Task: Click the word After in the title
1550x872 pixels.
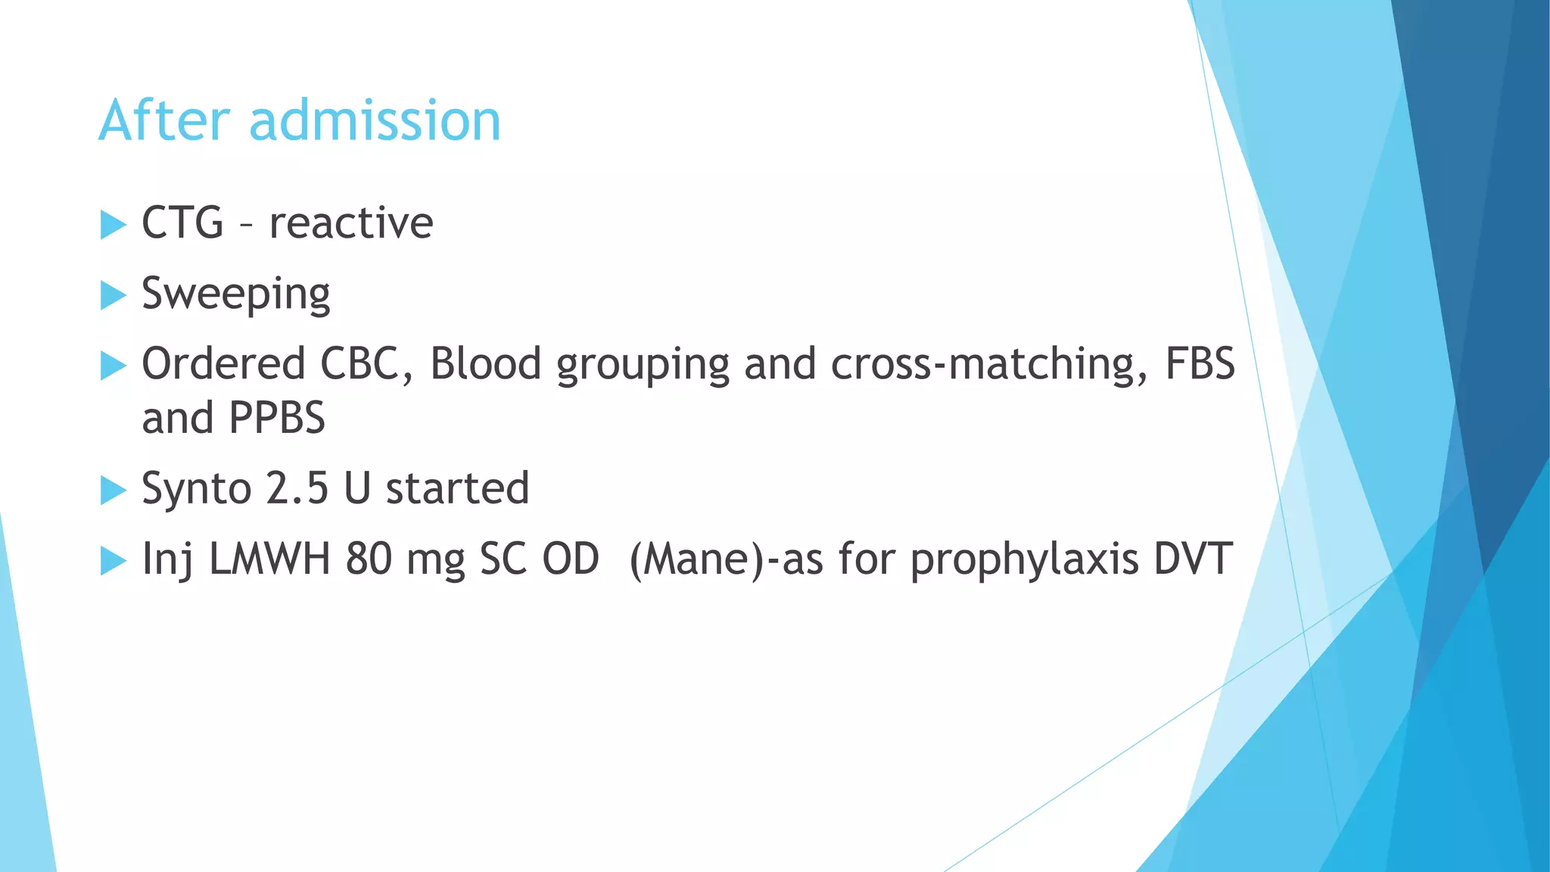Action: point(163,121)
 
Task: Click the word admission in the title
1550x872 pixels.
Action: point(375,121)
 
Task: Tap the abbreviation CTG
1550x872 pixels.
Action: point(182,223)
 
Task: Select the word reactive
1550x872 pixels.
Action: point(351,223)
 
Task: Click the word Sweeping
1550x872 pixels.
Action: point(235,294)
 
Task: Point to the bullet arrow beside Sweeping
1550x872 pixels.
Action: point(112,295)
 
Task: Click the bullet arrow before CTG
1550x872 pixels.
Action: point(112,225)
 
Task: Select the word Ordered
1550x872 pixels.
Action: point(223,364)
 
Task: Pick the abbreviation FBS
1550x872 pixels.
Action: point(1200,364)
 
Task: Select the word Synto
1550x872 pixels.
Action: point(197,489)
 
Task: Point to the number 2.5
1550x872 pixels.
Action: point(297,489)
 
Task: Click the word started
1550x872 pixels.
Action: point(457,489)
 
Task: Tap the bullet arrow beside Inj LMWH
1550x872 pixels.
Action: point(112,561)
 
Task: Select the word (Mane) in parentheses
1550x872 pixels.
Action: point(697,560)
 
